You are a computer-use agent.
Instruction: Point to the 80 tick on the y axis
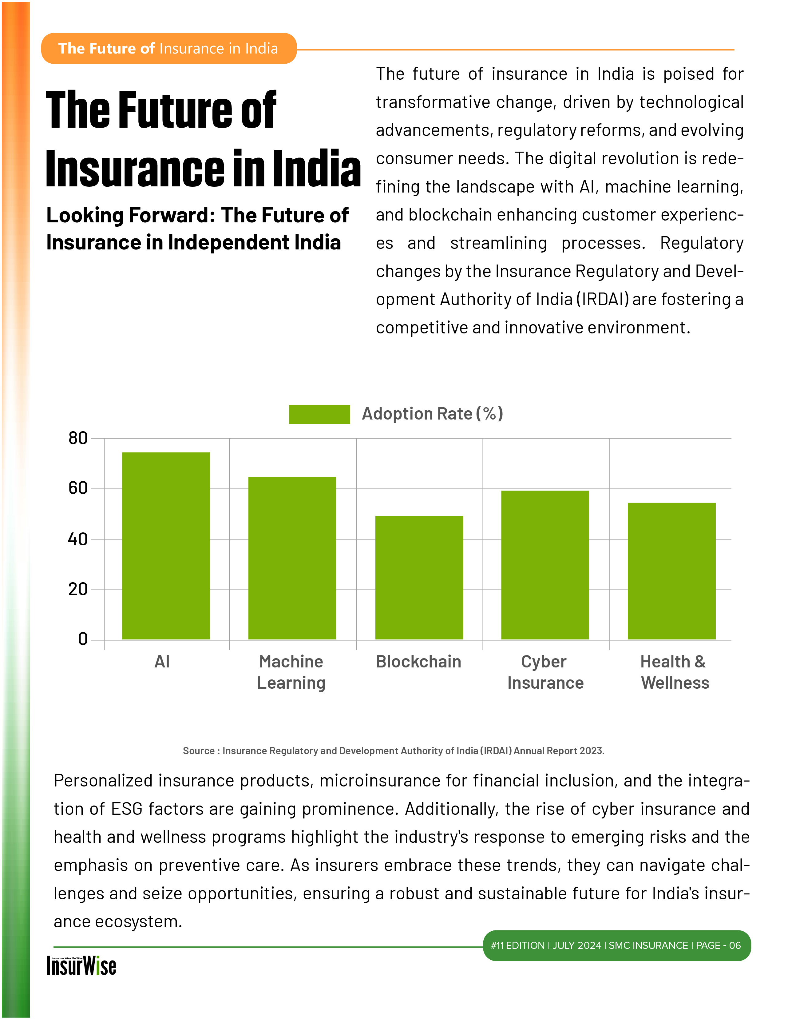78,438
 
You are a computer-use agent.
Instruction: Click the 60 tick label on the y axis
78,488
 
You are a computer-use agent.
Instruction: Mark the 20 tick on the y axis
78,589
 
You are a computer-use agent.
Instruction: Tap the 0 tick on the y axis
83,639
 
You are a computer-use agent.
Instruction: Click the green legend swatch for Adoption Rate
319,414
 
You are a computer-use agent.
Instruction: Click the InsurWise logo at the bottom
81,965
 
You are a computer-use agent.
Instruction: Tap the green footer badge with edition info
616,945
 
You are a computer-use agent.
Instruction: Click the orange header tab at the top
169,49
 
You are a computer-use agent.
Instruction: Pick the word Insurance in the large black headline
136,169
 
